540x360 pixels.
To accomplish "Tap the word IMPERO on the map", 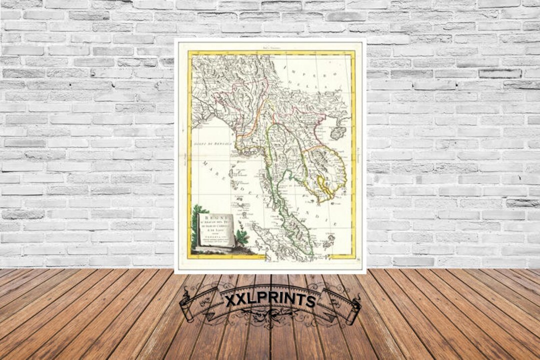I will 299,75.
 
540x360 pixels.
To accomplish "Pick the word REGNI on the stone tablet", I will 215,218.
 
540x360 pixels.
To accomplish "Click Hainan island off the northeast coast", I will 338,132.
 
